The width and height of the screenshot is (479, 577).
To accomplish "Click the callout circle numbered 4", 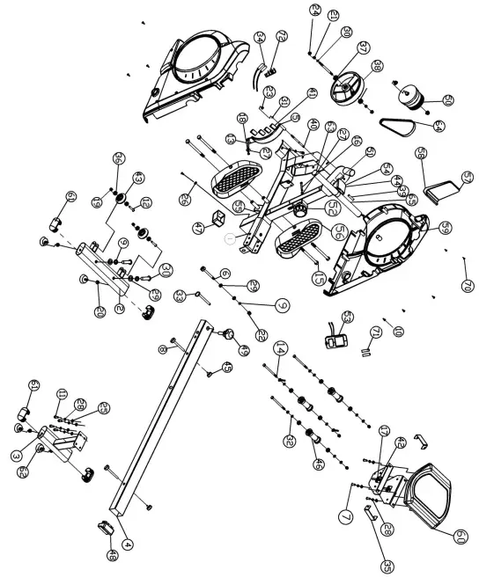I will (129, 544).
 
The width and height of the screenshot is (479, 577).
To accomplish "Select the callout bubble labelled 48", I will (113, 554).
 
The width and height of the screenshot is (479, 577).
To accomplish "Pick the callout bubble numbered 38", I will (352, 65).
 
